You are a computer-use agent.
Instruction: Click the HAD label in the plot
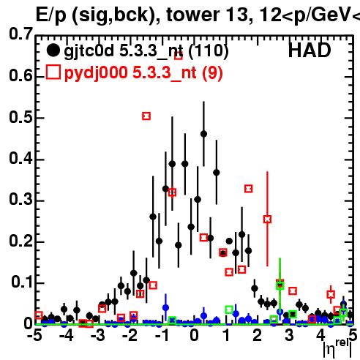(x=310, y=50)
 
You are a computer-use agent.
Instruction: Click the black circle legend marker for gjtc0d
(x=53, y=50)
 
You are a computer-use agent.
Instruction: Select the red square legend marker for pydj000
(x=53, y=72)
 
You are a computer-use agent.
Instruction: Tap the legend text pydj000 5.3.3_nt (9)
(x=143, y=73)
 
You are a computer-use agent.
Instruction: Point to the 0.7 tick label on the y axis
(x=20, y=34)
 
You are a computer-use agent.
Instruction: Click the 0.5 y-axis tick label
(x=20, y=117)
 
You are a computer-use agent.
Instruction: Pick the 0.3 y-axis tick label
(x=20, y=200)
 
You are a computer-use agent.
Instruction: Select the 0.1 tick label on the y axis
(x=21, y=282)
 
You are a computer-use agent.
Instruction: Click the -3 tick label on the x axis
(x=98, y=336)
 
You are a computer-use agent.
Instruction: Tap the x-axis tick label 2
(x=258, y=336)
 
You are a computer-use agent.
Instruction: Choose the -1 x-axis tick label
(x=162, y=336)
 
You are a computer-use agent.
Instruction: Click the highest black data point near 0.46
(x=203, y=134)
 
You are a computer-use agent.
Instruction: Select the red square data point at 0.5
(x=146, y=116)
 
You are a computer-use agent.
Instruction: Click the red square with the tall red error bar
(x=267, y=219)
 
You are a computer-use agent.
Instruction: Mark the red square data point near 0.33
(x=248, y=189)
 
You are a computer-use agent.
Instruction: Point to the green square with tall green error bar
(x=280, y=285)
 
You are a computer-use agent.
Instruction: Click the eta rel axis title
(x=337, y=349)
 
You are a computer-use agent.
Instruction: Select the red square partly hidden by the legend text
(x=179, y=56)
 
